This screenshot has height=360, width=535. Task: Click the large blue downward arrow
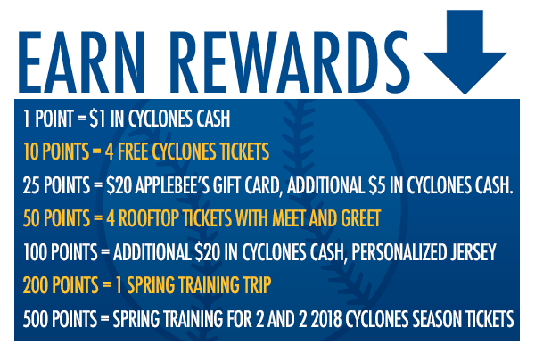coord(465,51)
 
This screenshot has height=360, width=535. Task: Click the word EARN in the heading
coord(82,62)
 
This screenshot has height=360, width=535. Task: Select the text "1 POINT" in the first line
coord(48,119)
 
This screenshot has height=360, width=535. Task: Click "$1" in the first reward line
coord(97,119)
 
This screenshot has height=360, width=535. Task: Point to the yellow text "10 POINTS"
coord(56,151)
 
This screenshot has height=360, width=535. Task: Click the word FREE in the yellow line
coord(133,151)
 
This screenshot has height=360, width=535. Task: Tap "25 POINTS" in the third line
coord(56,185)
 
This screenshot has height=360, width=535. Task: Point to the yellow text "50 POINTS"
coord(56,218)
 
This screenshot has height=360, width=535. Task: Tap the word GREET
coord(361,218)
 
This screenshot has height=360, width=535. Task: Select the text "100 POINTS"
coord(61,252)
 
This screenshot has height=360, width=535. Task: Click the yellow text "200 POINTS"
coord(61,285)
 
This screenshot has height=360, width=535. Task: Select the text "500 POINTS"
coord(60,319)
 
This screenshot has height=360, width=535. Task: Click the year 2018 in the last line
coord(326,319)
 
